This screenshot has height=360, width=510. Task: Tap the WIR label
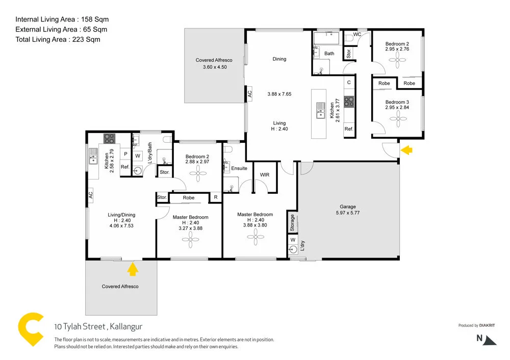tap(264, 175)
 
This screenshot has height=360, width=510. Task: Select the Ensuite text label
tap(239, 168)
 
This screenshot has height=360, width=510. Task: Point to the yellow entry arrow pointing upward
tap(133, 269)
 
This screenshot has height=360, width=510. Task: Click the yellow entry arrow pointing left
tap(406, 150)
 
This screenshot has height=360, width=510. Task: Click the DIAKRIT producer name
tap(487, 325)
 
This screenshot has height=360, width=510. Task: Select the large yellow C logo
tap(31, 330)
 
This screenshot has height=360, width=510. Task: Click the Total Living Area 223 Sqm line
tap(58, 39)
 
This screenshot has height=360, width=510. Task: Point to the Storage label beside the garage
tap(292, 223)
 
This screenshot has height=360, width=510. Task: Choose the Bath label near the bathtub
tap(329, 54)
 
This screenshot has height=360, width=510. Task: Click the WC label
tap(357, 34)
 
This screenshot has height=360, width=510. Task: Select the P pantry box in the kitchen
tap(125, 153)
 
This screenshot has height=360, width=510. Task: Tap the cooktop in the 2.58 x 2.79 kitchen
tap(110, 138)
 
